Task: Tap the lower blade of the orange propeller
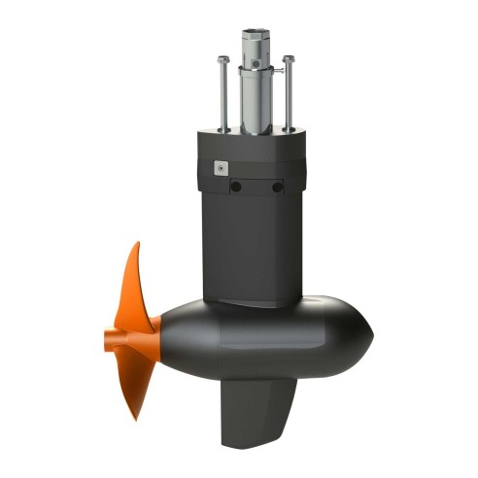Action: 135,390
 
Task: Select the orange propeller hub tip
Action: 108,340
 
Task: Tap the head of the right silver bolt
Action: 289,58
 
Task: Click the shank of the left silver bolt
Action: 224,97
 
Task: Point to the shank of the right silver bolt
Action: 289,97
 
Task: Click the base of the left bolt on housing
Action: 224,129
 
